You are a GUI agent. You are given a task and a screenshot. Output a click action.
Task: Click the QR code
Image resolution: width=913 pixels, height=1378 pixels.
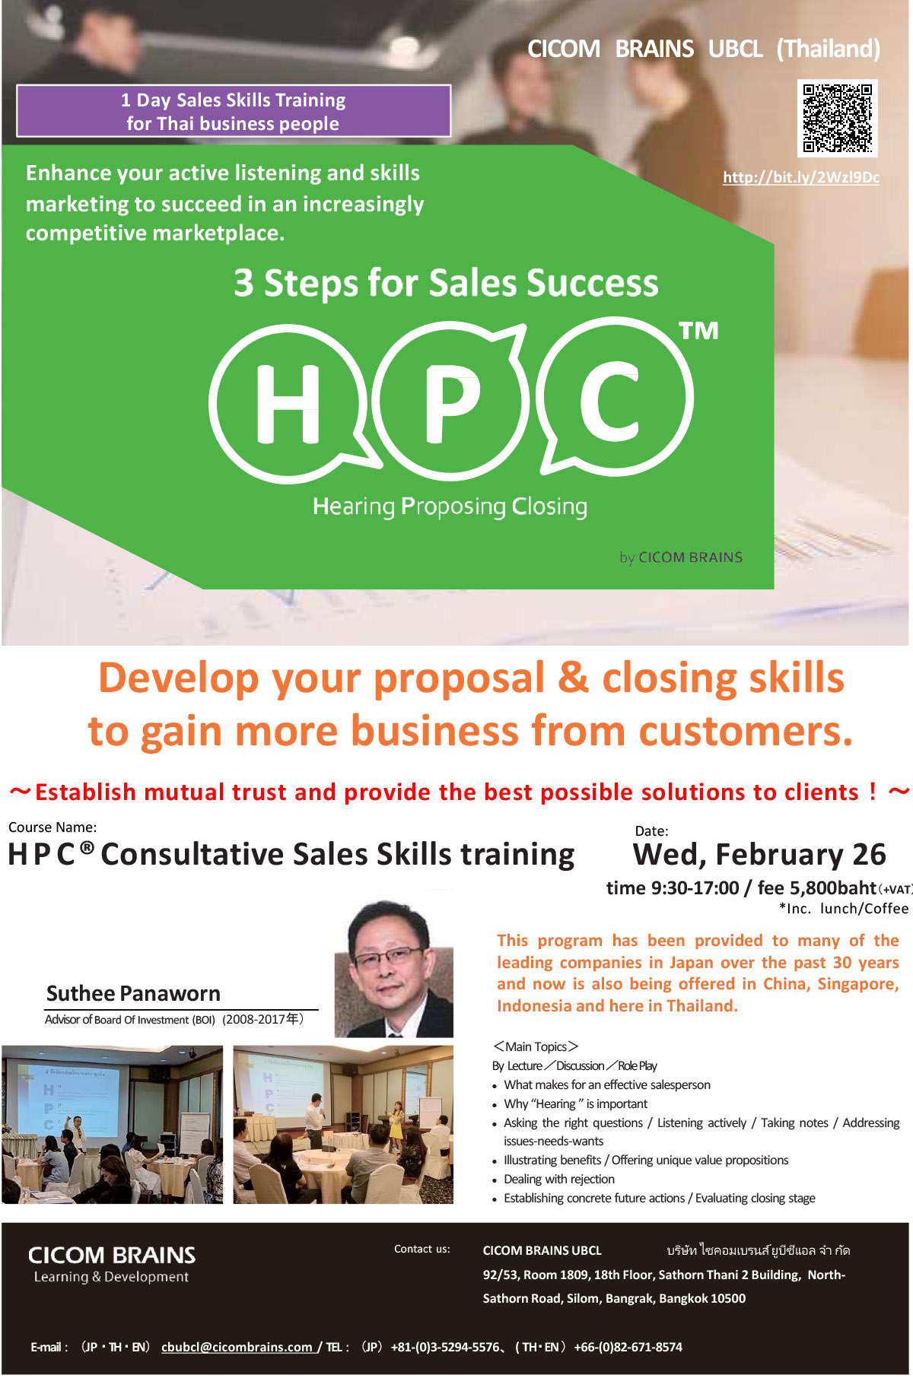coord(838,118)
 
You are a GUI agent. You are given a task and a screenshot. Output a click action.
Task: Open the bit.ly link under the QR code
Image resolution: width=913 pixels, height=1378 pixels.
coord(801,177)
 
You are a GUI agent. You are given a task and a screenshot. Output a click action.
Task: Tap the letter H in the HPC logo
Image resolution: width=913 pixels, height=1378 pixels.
coord(288,403)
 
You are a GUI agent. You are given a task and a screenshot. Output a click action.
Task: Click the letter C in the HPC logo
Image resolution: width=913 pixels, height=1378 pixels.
coord(609,400)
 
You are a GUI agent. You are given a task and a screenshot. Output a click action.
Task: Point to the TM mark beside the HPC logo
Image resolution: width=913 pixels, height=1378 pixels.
coord(698,331)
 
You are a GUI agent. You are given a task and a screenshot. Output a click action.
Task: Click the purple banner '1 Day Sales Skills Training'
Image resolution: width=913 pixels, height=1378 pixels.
coord(234,111)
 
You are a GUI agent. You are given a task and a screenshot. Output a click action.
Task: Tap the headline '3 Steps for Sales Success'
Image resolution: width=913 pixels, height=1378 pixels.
coord(446,283)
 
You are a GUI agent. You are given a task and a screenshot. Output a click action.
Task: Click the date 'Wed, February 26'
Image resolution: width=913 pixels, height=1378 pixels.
coord(759,855)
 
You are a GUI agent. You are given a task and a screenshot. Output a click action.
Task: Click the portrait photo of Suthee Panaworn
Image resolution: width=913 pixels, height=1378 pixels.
coord(394,969)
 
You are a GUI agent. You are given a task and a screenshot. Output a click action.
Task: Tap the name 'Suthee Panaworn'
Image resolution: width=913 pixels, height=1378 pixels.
coord(133,993)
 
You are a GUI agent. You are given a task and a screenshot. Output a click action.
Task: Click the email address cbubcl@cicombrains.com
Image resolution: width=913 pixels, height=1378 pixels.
coord(237,1347)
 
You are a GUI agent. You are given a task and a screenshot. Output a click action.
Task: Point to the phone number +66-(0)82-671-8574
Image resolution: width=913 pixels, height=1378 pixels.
coord(628,1347)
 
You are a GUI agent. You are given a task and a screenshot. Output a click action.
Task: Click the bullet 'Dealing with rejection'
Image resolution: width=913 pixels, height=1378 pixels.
coord(559,1179)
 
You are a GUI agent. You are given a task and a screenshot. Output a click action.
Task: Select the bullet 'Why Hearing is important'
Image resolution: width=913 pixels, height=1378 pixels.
coord(576,1103)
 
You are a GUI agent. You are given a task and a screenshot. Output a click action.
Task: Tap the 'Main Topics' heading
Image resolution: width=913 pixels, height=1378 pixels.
coord(536,1046)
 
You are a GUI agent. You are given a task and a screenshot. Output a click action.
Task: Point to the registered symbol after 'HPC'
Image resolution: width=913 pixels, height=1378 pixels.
coord(87,847)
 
